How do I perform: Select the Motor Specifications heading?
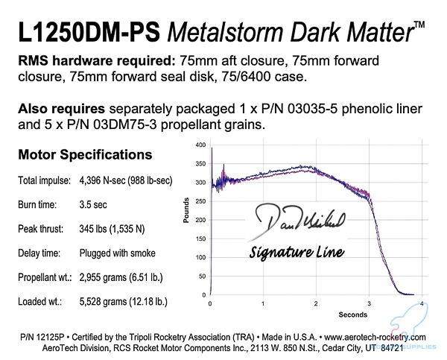(x=83, y=155)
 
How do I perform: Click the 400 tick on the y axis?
(x=200, y=144)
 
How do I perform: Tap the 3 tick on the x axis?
(x=370, y=303)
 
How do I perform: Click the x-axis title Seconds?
(x=317, y=312)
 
